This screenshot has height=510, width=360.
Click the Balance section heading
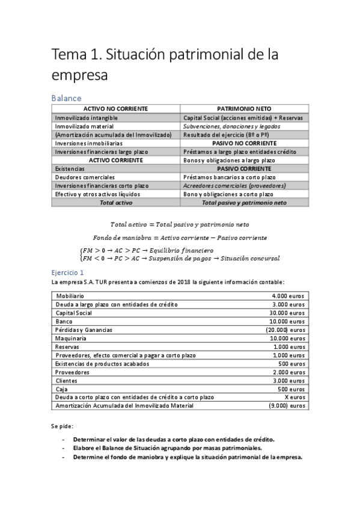[66, 97]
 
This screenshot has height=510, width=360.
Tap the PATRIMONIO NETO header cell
[243, 109]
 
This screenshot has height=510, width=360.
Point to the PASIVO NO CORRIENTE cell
[243, 144]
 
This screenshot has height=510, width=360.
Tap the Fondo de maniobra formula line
[180, 238]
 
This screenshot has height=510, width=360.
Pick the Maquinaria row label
[71, 338]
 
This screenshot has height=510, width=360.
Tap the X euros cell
[294, 397]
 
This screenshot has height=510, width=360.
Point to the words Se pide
[61, 426]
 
